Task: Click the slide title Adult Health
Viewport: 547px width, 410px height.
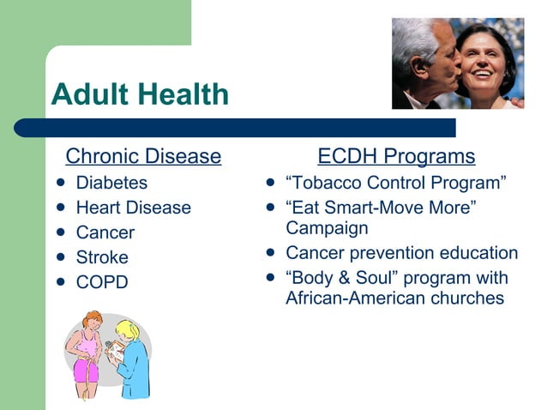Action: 140,93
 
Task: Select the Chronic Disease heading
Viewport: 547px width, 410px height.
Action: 143,157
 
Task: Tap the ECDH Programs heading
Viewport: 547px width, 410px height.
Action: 396,157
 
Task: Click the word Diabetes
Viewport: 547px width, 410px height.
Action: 111,183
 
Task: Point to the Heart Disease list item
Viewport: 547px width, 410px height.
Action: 133,208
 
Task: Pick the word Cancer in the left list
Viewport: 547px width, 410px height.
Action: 105,232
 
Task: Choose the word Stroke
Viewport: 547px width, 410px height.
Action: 102,257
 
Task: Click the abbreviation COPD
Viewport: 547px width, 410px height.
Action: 102,282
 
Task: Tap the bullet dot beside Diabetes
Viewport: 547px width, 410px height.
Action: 60,183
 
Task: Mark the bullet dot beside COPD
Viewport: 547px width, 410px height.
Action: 60,281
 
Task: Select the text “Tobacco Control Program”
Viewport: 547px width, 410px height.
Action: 395,183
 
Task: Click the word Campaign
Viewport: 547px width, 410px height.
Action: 327,228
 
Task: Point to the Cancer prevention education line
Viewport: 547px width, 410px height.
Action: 401,253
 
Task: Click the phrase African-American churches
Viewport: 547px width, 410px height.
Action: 394,298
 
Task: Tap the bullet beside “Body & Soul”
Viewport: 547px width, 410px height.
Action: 270,278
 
